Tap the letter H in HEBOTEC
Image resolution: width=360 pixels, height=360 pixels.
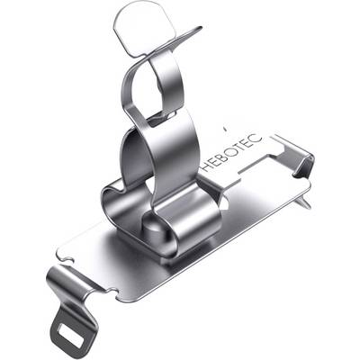(206, 166)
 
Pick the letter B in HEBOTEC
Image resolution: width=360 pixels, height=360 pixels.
(223, 156)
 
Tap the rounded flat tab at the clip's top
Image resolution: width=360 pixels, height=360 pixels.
(144, 29)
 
